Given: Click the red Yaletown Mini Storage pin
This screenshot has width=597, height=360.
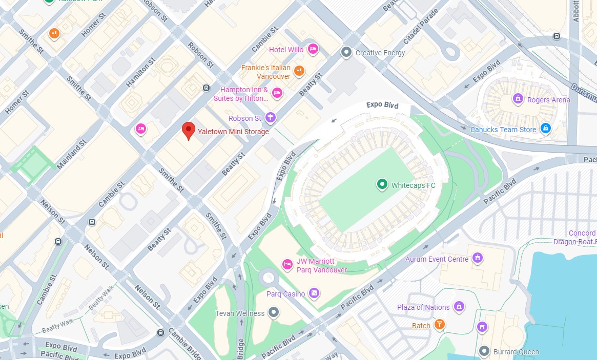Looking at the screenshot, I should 189,131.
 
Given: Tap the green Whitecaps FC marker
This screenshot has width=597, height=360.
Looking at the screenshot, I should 382,184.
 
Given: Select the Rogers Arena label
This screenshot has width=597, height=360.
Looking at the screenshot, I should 548,100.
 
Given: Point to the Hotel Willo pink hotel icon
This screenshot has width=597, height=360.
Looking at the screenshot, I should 313,50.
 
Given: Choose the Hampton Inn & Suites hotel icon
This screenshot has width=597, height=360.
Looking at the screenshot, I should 277,93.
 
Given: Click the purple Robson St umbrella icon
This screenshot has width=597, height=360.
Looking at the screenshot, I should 270,118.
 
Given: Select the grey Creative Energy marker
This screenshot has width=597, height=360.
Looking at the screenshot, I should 346,52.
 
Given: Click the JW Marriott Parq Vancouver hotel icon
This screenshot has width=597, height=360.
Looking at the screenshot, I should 287,264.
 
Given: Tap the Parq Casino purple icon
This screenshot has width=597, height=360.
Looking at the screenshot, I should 314,293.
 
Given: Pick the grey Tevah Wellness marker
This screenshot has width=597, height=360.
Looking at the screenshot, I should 274,312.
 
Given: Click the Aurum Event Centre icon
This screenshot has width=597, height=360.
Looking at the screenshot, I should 478,257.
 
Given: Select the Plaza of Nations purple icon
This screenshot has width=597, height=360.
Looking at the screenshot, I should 459,306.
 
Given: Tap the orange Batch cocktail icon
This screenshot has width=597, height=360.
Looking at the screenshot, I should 439,325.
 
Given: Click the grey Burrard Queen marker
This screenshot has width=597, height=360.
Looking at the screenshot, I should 484,351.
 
